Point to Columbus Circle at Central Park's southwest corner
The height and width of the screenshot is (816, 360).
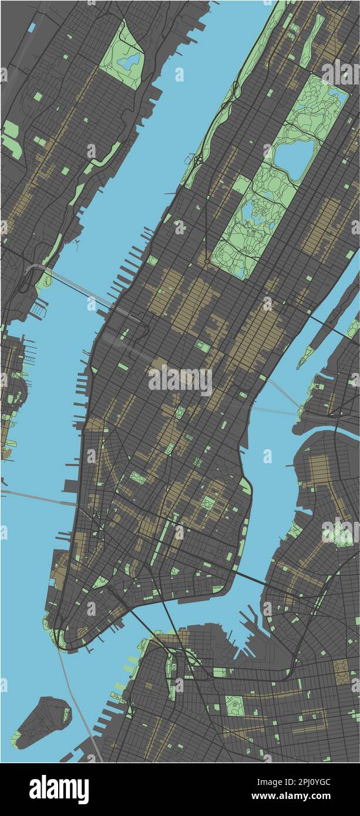[x=207, y=262]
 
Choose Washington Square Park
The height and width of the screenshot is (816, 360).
[x=137, y=478]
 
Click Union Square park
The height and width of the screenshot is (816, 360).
[x=169, y=449]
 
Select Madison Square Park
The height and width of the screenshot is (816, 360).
[x=180, y=412]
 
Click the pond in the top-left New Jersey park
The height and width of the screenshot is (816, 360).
[x=129, y=59]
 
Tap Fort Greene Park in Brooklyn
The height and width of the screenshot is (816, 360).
[x=235, y=705]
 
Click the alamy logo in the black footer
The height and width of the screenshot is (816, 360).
[x=59, y=789]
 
